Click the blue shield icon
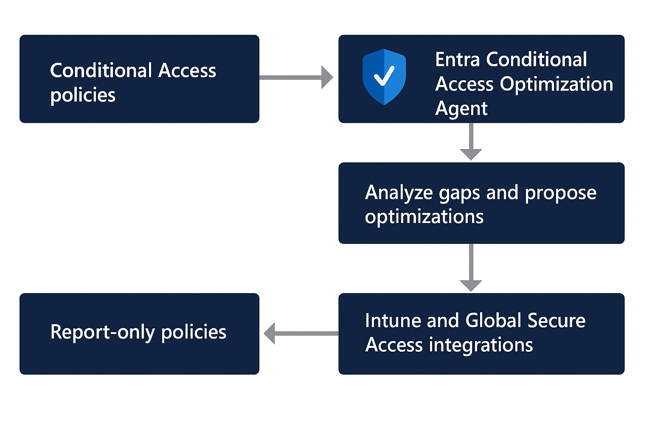click(x=384, y=76)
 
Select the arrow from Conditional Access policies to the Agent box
click(x=296, y=77)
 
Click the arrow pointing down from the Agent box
click(x=471, y=142)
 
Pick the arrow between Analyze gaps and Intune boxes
click(x=471, y=268)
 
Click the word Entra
click(x=458, y=59)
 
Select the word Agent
click(x=461, y=109)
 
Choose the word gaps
click(x=459, y=194)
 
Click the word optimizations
click(x=424, y=217)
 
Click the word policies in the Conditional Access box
click(x=83, y=95)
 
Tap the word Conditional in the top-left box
click(x=101, y=71)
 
